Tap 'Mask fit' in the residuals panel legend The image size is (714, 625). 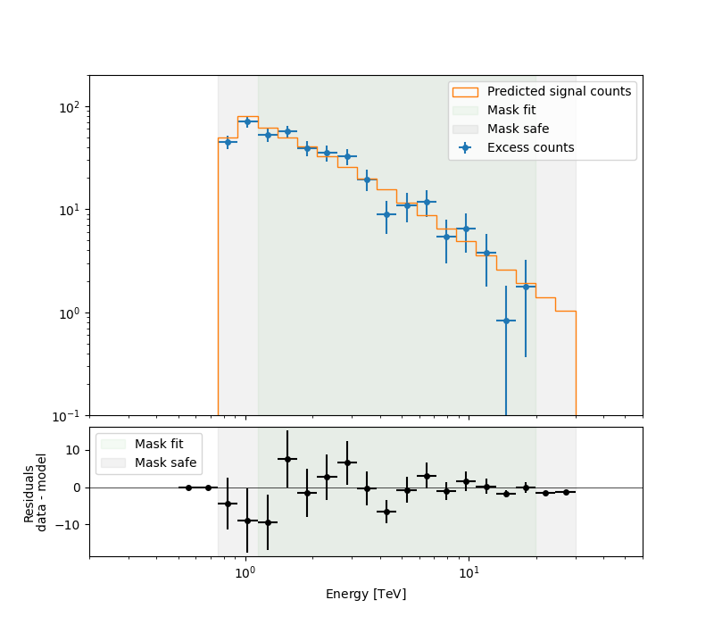tap(159, 444)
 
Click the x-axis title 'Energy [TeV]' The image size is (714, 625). tap(366, 594)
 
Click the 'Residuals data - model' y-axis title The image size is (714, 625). tap(36, 492)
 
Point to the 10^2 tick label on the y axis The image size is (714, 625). tap(69, 107)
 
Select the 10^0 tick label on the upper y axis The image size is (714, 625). tap(70, 313)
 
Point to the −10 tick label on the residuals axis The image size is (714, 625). tap(67, 524)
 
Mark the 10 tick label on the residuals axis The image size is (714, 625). tap(72, 450)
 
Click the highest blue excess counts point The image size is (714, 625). tap(248, 122)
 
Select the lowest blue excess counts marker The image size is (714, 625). tap(506, 321)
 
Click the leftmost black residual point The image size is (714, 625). tap(188, 487)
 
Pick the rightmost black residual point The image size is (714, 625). tap(566, 492)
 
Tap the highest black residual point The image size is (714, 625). tap(287, 459)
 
